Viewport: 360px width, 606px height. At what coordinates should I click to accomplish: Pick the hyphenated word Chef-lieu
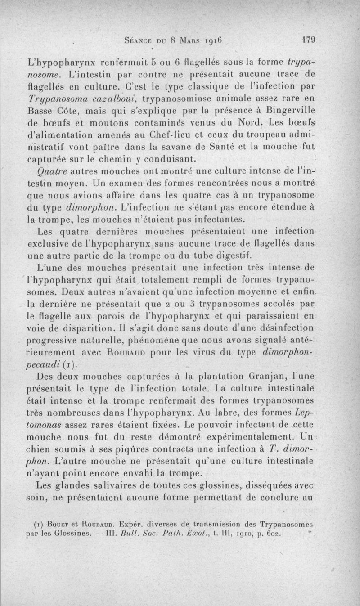coord(181,135)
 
